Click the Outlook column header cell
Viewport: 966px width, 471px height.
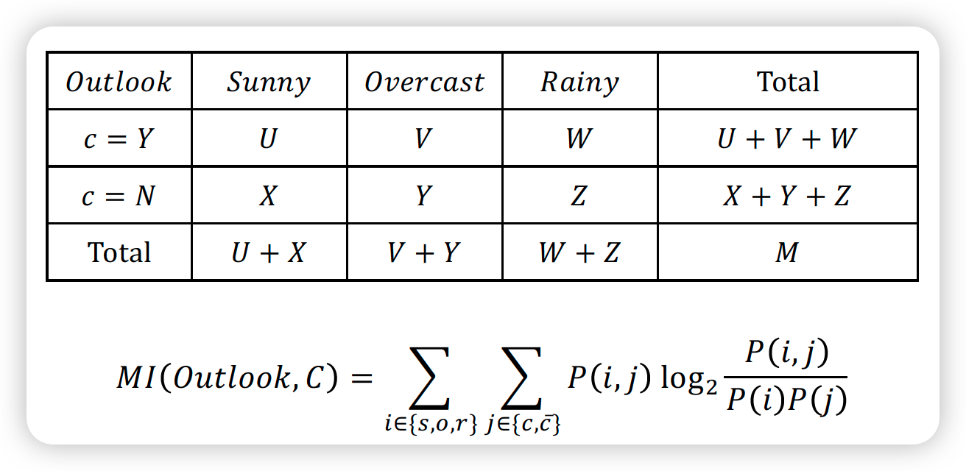coord(119,82)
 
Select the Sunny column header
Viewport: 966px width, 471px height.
coord(269,82)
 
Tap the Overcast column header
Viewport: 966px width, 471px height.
coord(424,82)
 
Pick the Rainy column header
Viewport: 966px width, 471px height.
coord(579,82)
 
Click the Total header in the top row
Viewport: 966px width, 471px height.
coord(787,82)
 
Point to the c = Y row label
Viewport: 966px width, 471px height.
coord(119,138)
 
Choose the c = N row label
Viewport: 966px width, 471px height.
coord(119,196)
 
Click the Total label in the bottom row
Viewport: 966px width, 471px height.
coord(119,252)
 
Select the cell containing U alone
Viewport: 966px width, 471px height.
coord(269,138)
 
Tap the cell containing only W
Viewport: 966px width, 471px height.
coord(579,138)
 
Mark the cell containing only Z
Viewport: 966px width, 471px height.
coord(579,196)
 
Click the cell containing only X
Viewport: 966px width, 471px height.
coord(269,196)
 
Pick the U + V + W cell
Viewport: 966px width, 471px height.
coord(787,138)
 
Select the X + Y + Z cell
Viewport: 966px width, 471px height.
coord(787,196)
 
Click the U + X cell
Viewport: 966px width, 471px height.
coord(269,252)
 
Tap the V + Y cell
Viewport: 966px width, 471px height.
coord(424,252)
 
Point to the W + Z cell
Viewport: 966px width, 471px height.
coord(579,252)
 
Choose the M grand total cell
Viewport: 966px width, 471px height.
coord(787,252)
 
